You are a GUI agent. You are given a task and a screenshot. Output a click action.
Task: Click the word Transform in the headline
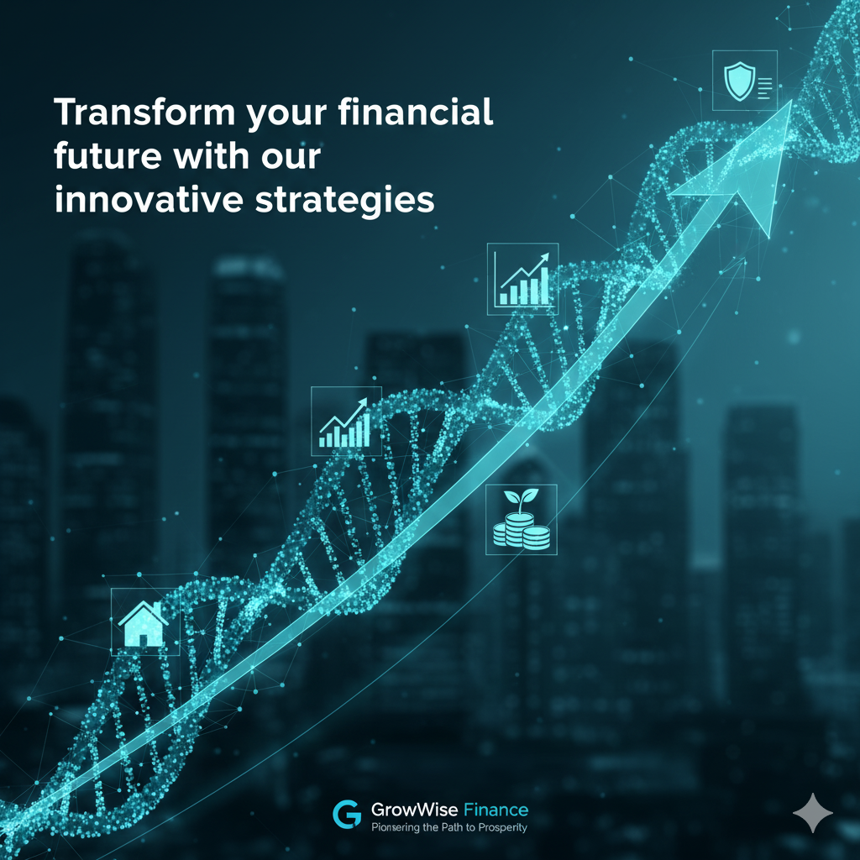point(144,112)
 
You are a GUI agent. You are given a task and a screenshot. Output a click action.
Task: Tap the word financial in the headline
point(415,112)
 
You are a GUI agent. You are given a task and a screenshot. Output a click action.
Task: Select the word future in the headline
point(108,155)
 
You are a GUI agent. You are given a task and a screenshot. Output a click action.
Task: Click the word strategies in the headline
point(345,202)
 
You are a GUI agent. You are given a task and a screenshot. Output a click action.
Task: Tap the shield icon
point(739,81)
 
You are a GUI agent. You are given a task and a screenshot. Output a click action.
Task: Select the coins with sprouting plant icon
point(521,519)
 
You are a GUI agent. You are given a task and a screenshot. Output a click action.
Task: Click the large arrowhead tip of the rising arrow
point(791,102)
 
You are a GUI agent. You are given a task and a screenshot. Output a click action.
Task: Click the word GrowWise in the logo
point(415,810)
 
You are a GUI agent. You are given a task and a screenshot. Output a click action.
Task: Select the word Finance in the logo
point(496,810)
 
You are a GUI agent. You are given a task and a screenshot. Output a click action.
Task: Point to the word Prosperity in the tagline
point(502,827)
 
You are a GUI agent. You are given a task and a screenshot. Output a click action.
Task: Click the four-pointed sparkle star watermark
point(813,813)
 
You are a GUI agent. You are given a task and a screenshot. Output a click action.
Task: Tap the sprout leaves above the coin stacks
point(521,499)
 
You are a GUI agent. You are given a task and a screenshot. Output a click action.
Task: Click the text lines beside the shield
point(764,87)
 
